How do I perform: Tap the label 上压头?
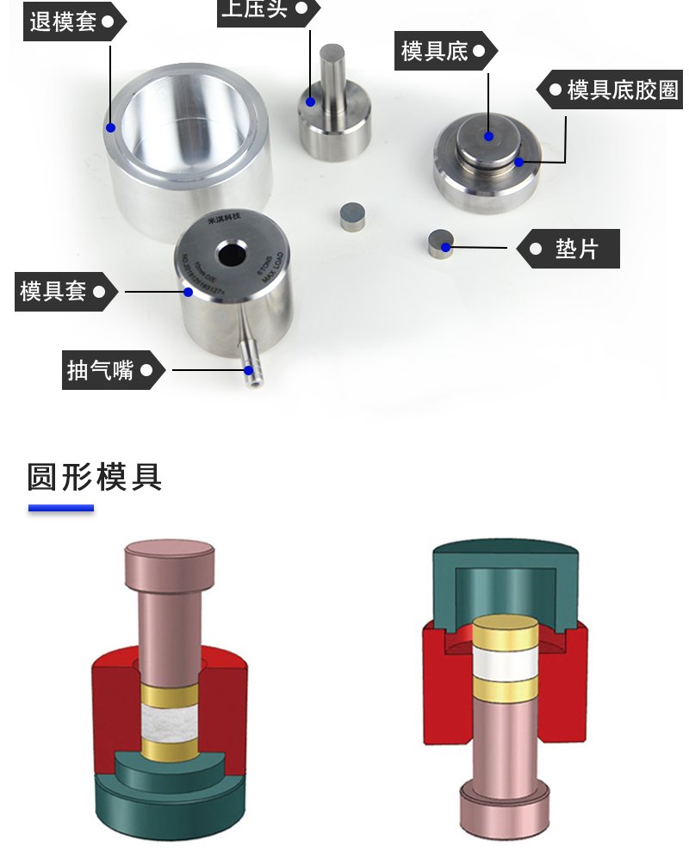(x=255, y=9)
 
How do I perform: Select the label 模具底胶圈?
(x=623, y=90)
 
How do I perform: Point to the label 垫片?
(x=576, y=249)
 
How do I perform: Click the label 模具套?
(x=53, y=291)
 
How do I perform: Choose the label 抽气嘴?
(x=101, y=370)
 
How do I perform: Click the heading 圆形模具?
(x=95, y=476)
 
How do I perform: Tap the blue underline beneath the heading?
(x=60, y=509)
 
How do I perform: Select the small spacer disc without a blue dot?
(x=352, y=215)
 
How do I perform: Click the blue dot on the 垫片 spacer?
(x=445, y=247)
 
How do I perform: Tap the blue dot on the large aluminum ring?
(x=110, y=127)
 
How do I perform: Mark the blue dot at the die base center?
(x=488, y=135)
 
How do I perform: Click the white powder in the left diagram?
(x=169, y=724)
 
